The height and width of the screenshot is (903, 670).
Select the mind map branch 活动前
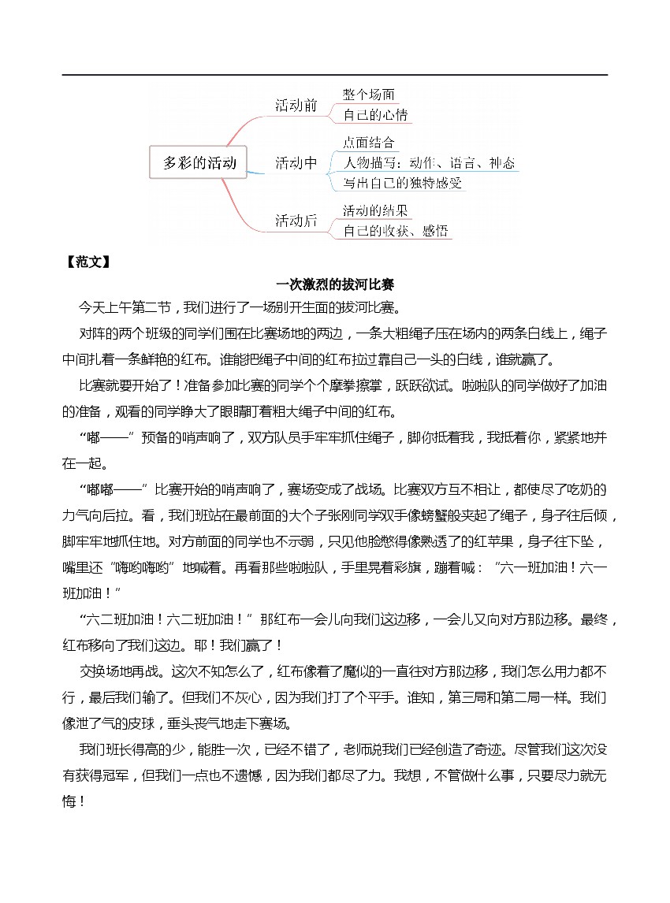pos(296,105)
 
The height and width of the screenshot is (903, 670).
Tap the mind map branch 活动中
pos(296,163)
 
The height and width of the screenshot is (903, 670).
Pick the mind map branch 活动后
pos(296,221)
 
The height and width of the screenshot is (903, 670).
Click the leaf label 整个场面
pos(369,95)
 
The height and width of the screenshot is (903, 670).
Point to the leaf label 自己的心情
pos(375,115)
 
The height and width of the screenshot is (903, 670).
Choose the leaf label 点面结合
pos(369,143)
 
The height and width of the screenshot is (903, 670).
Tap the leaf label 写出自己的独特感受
pos(402,184)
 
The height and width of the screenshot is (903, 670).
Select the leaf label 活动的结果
pos(375,210)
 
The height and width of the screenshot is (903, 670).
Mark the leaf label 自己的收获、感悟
pos(396,231)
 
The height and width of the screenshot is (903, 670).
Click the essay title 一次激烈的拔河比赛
pos(335,284)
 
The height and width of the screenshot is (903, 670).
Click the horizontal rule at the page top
pos(335,75)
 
